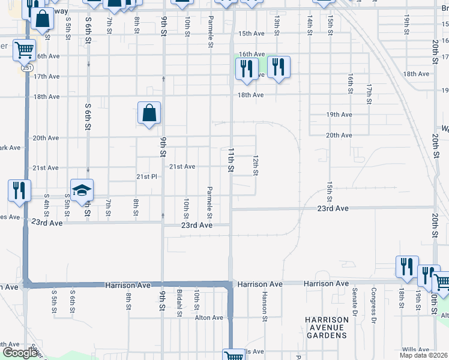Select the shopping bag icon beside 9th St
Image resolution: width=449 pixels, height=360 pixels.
pos(149,113)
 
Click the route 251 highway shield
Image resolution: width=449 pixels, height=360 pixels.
pos(28,68)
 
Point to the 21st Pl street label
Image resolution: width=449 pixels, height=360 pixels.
pos(146,177)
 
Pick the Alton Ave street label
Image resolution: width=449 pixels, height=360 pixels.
pos(208,318)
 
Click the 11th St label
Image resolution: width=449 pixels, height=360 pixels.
pos(231,161)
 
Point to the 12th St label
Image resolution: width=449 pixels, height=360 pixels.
pos(255,166)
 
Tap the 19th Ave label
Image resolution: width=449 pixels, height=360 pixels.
pos(339,115)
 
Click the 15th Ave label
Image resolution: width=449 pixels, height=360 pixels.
pos(251,34)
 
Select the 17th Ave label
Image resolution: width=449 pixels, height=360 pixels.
pos(46,77)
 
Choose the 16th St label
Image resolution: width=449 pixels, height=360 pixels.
pos(349,85)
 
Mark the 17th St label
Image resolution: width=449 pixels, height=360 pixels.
pos(369,92)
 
